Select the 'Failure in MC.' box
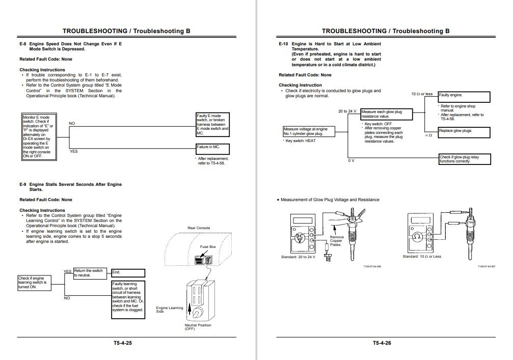[x=212, y=149]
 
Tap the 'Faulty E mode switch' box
[x=212, y=125]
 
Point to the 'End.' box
[x=128, y=273]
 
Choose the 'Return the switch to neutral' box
[x=90, y=273]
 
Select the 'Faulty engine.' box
[x=464, y=97]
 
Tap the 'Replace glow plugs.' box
[x=464, y=132]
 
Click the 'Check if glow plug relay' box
[x=466, y=159]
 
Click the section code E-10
[x=283, y=44]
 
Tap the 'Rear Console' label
[x=199, y=228]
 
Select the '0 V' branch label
[x=351, y=161]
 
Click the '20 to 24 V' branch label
[x=347, y=111]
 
